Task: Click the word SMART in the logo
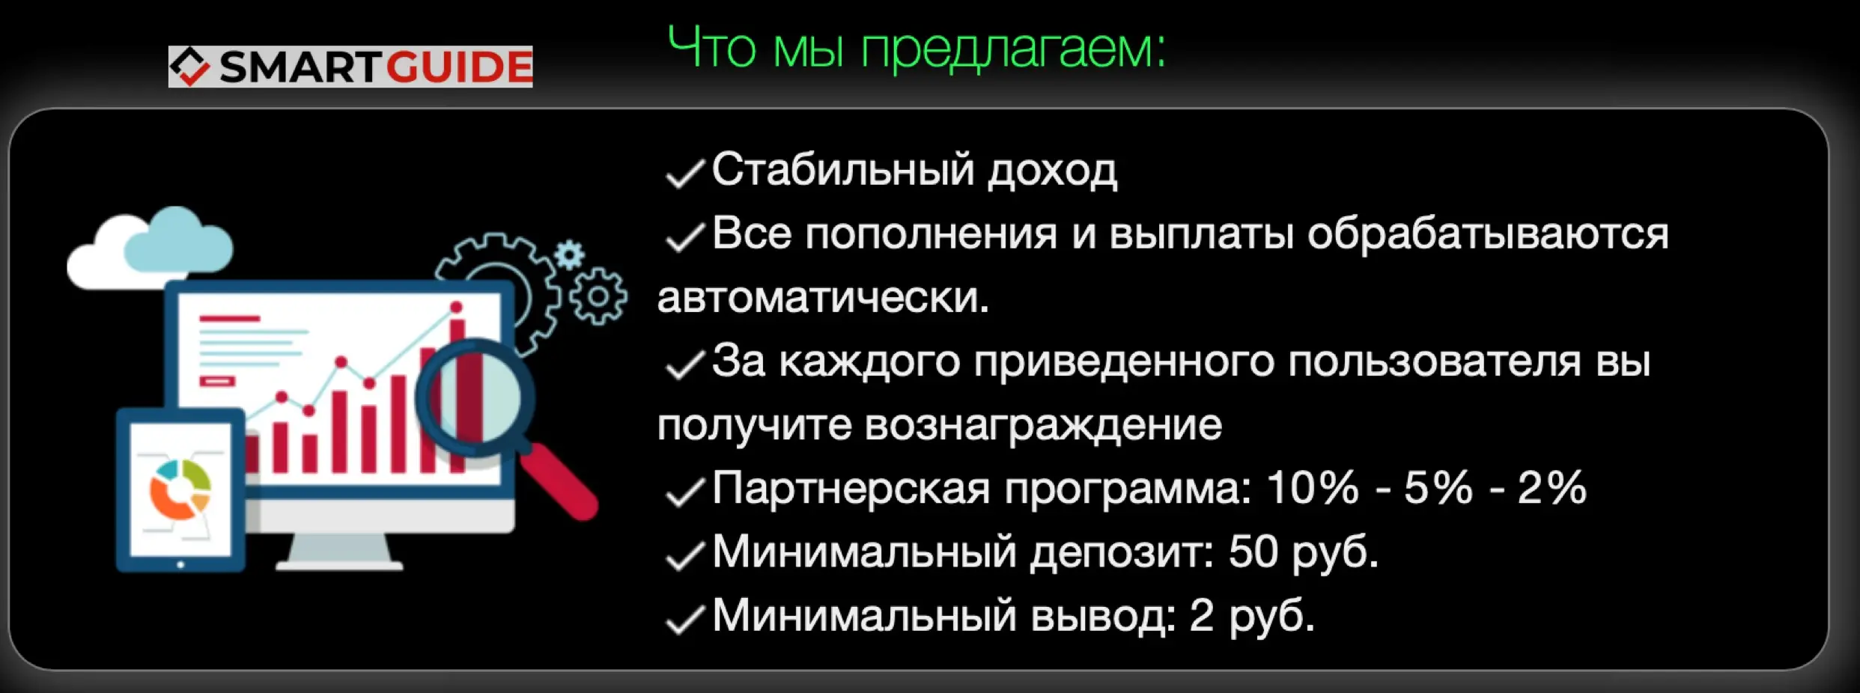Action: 301,67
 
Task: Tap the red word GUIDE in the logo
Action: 459,67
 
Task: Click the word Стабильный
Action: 842,170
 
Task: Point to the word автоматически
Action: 822,298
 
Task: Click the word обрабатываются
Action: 1487,234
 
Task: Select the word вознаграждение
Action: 1043,425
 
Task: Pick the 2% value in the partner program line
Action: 1551,488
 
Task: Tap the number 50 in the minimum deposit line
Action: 1253,552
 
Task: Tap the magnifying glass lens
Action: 476,397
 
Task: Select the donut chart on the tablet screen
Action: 180,489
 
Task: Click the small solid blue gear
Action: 570,255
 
